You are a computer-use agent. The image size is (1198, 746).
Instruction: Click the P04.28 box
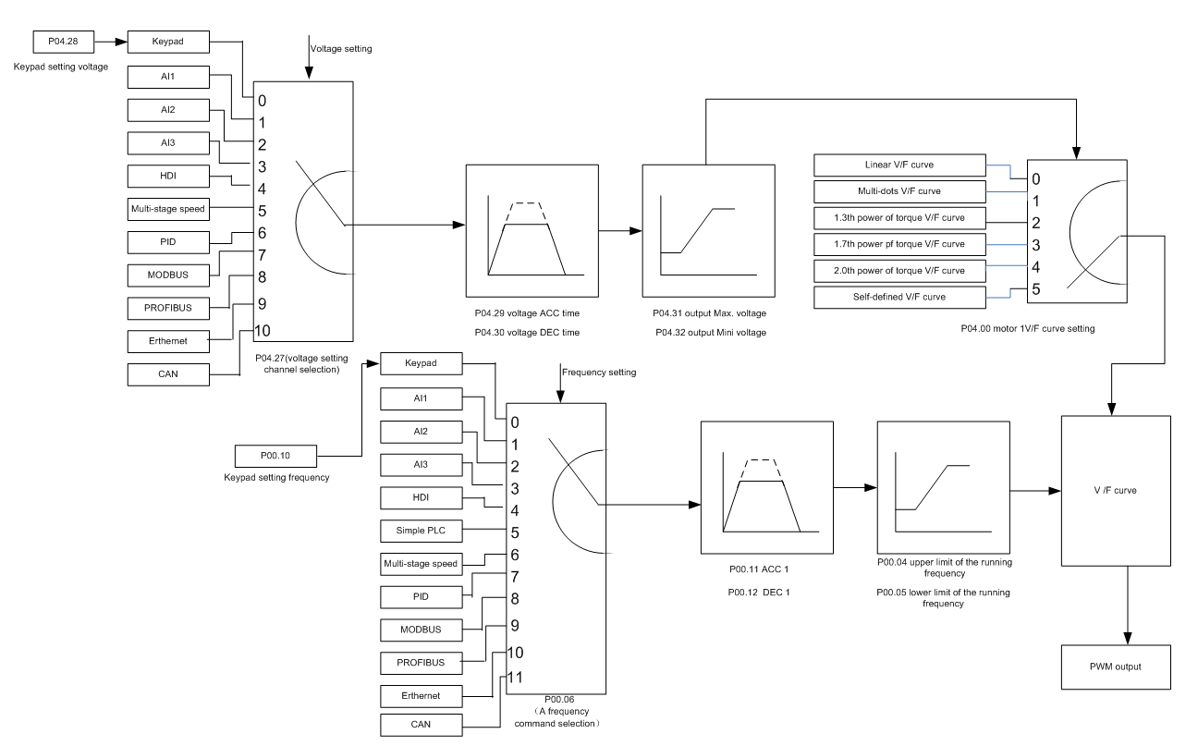(62, 42)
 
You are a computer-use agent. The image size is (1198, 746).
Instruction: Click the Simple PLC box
(420, 533)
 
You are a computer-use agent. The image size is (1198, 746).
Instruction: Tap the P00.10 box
(275, 455)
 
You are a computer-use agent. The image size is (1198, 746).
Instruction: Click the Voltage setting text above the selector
(341, 49)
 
